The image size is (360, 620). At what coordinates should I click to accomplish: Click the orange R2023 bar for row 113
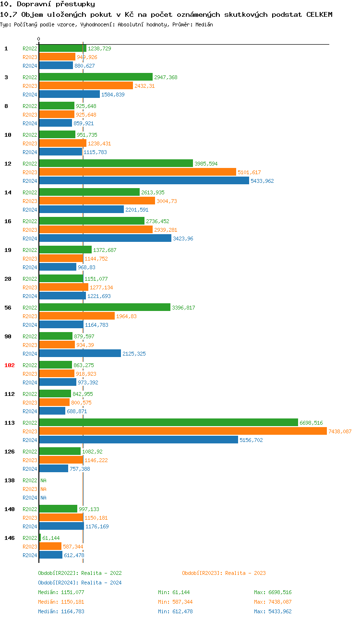(182, 431)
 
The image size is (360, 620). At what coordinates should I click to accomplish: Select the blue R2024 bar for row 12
(144, 181)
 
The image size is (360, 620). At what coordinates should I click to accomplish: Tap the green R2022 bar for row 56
(105, 308)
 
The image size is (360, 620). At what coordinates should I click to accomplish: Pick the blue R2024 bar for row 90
(80, 354)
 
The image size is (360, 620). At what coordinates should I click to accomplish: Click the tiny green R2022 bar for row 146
(40, 538)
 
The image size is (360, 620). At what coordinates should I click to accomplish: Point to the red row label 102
(10, 365)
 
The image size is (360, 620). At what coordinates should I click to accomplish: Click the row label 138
(10, 480)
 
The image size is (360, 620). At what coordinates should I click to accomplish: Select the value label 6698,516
(311, 423)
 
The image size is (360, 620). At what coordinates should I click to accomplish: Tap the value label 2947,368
(166, 77)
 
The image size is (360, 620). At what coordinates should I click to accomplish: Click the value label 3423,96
(183, 238)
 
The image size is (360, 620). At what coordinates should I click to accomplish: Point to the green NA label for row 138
(43, 480)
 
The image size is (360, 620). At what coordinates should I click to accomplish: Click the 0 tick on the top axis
(39, 39)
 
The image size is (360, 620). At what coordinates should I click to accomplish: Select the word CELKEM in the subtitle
(319, 14)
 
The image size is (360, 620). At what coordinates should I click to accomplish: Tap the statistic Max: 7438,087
(273, 602)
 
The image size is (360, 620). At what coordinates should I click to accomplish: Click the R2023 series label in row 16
(30, 230)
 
